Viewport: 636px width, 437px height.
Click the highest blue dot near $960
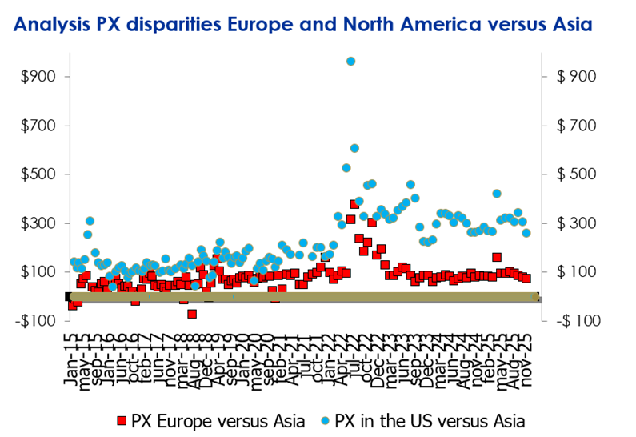[x=350, y=62]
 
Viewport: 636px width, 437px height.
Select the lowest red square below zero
[x=192, y=314]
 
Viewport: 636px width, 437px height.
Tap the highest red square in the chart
[x=354, y=204]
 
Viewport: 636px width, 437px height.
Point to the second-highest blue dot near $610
[x=354, y=148]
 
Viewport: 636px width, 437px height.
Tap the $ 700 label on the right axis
[x=568, y=126]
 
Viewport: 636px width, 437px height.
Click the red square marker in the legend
[x=122, y=419]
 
